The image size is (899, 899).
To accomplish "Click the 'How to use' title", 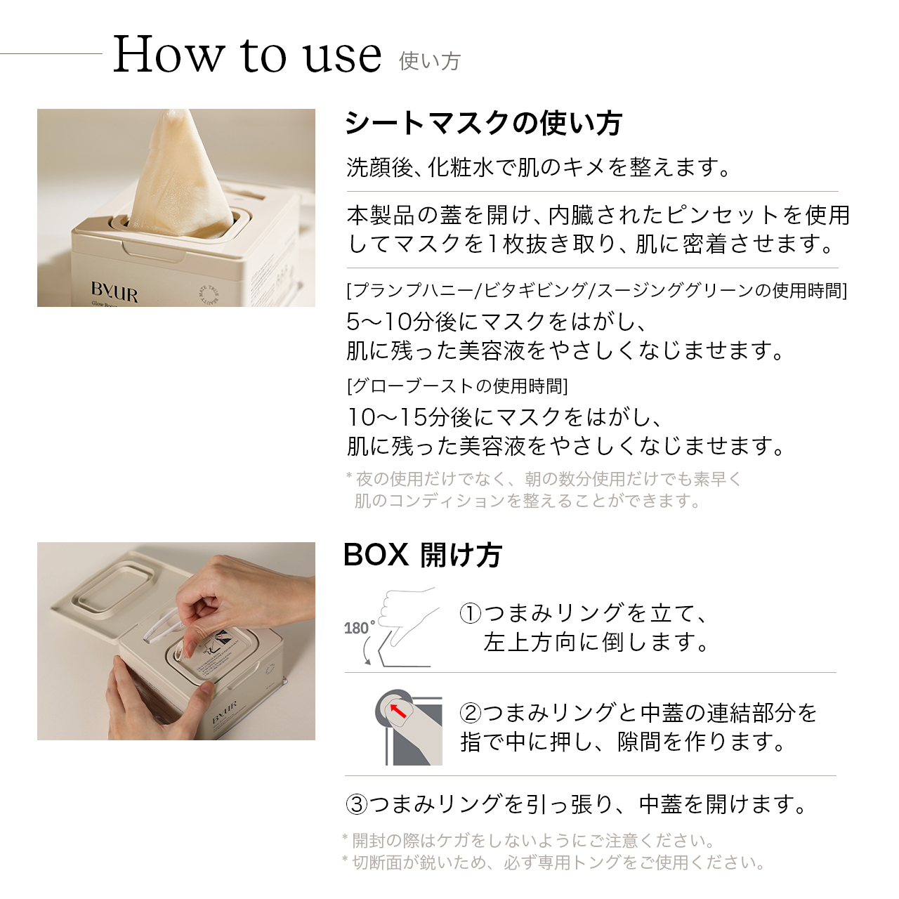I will [247, 55].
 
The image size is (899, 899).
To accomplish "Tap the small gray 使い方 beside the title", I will [429, 62].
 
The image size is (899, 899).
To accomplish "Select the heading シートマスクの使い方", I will [483, 124].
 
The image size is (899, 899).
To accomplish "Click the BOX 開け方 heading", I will [422, 555].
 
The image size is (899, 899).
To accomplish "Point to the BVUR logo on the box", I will [114, 291].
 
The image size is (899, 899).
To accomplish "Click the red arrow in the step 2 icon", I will [398, 710].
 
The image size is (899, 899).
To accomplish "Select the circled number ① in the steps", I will [470, 613].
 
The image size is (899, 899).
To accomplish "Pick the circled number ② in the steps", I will [470, 713].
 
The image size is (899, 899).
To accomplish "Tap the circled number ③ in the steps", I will [357, 803].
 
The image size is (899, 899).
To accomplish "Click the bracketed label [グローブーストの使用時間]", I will [457, 386].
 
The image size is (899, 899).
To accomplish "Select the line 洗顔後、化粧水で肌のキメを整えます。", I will [539, 168].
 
